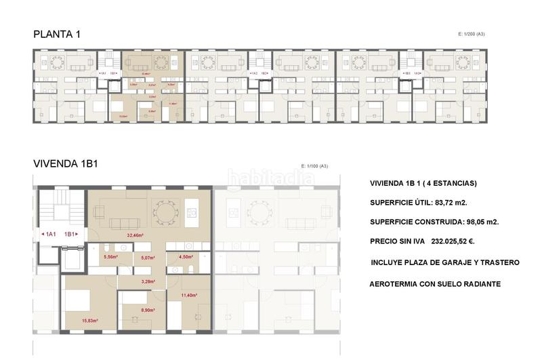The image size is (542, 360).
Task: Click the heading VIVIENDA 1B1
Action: click(x=66, y=163)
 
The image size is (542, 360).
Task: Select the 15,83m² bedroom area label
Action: click(x=90, y=321)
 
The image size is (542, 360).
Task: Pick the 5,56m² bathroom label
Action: click(x=110, y=257)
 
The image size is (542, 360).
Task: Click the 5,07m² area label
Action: click(x=148, y=258)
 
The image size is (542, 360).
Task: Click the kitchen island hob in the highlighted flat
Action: click(x=192, y=212)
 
